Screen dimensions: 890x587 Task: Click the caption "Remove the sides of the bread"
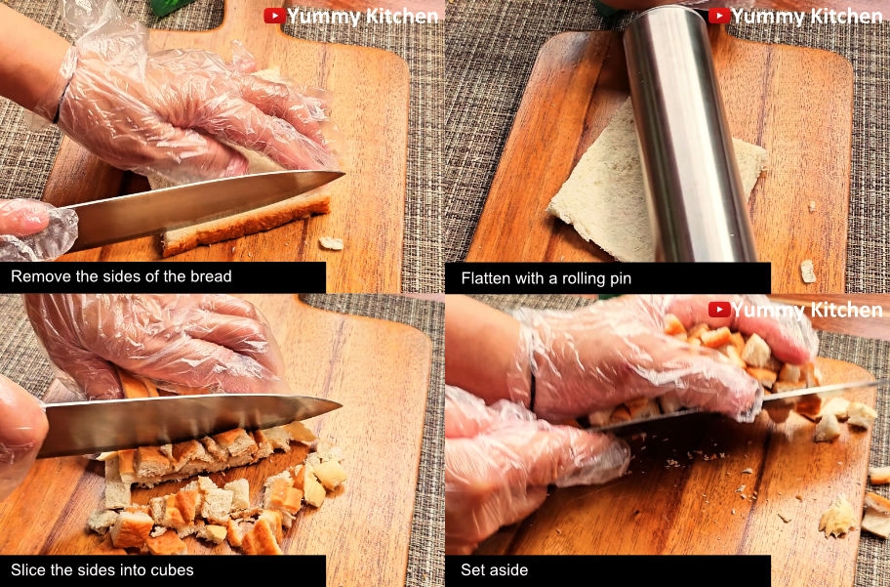[x=121, y=276]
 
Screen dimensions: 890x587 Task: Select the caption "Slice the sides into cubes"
[x=102, y=570]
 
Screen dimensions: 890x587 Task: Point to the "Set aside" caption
[x=494, y=570]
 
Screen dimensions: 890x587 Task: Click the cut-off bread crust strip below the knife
[x=245, y=225]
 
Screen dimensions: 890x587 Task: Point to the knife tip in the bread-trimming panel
[x=344, y=172]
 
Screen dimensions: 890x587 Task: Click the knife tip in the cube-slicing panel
[x=341, y=405]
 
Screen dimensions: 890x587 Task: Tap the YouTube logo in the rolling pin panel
[x=719, y=16]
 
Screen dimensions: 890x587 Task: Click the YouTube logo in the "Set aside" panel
[x=719, y=310]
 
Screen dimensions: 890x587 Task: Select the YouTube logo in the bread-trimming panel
[x=275, y=16]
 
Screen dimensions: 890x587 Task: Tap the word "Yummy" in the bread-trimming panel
[x=322, y=17]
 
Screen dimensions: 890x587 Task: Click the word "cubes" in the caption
[x=170, y=570]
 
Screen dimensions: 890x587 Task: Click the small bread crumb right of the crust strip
[x=332, y=243]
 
